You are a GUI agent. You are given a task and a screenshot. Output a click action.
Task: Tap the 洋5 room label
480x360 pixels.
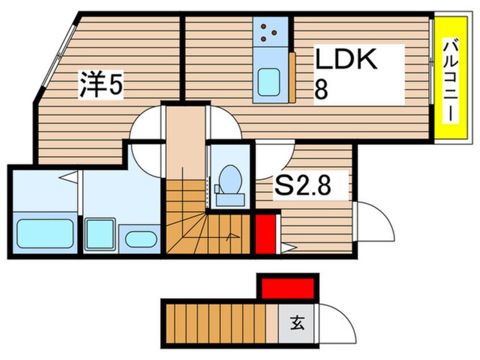pos(101,85)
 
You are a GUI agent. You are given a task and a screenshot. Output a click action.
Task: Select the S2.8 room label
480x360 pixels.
pos(302,186)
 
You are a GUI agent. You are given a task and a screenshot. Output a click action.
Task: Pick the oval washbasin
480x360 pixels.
pos(141,238)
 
